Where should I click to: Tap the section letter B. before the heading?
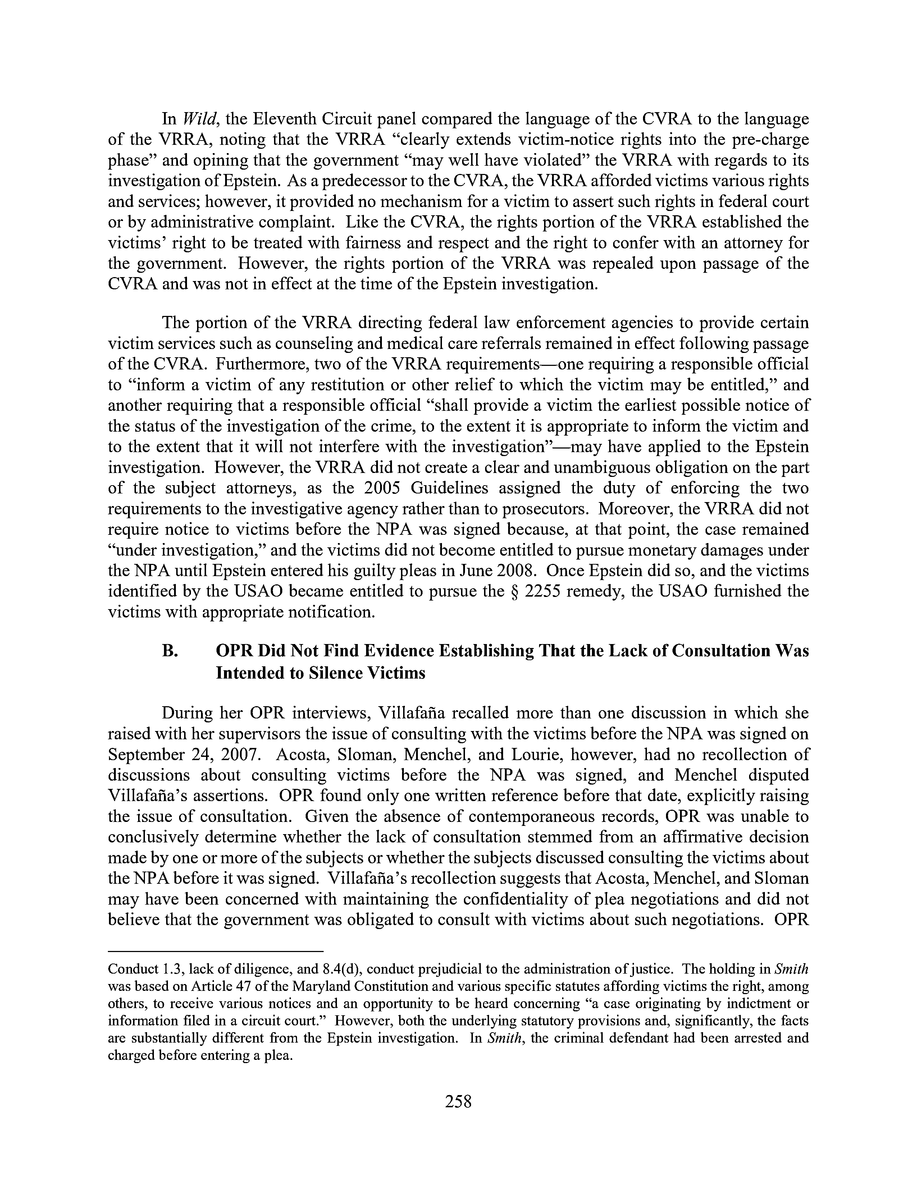tap(170, 651)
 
